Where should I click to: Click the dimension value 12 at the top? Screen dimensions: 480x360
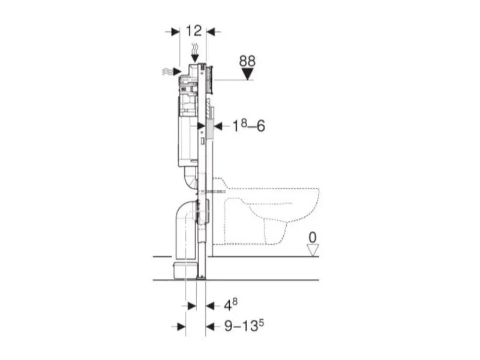tap(194, 31)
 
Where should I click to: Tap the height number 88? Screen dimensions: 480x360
tap(247, 61)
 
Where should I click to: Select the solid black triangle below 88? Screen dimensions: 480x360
tap(247, 74)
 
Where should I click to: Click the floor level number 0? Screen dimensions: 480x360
tap(313, 238)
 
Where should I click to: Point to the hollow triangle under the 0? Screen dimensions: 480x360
tap(313, 250)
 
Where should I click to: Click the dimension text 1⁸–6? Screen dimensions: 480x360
tap(248, 125)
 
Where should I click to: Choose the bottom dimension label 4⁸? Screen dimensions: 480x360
tap(230, 305)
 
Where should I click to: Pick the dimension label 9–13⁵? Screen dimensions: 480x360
tap(244, 325)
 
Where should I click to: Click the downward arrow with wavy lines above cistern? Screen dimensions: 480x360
tap(194, 54)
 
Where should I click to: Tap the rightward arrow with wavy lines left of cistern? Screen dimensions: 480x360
tap(172, 71)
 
